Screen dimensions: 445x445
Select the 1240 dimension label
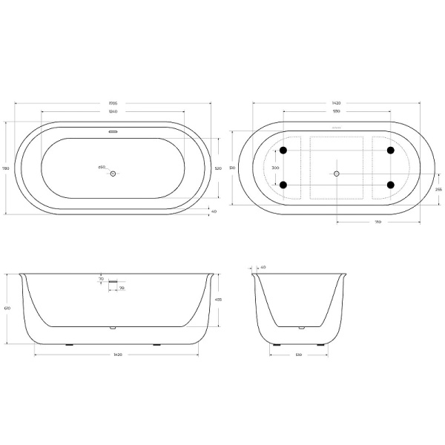[x=113, y=112]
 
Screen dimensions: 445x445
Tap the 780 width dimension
[x=7, y=168]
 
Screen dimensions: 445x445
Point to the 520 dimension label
[x=218, y=169]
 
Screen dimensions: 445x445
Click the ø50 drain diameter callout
[x=102, y=167]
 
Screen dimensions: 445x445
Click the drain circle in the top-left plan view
[x=113, y=174]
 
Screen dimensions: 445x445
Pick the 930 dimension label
[x=336, y=112]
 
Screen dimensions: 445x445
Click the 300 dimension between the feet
[x=276, y=168]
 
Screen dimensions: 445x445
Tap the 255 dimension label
[x=438, y=189]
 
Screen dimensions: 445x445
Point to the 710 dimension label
[x=378, y=222]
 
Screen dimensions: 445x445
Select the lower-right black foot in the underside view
[x=390, y=185]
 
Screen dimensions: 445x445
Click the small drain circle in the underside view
[x=336, y=174]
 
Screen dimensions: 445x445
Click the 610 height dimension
[x=7, y=309]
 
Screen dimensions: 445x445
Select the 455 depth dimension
[x=217, y=300]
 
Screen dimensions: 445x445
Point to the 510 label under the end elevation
[x=297, y=355]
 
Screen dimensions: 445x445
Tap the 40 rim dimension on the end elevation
[x=263, y=267]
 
